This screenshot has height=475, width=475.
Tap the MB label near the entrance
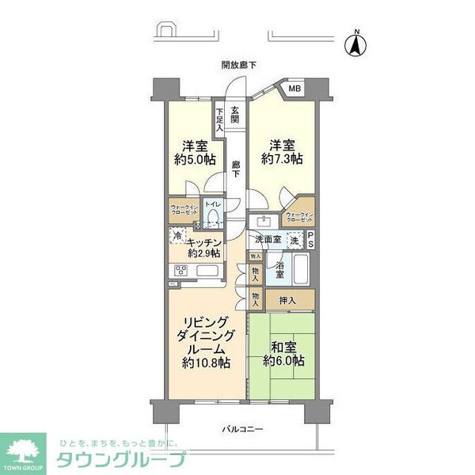click(294, 89)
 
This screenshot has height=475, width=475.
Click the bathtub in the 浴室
click(300, 270)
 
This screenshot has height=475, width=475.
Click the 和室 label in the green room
click(282, 345)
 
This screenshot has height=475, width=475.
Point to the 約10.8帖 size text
click(205, 364)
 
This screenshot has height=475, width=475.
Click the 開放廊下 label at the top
click(239, 66)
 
